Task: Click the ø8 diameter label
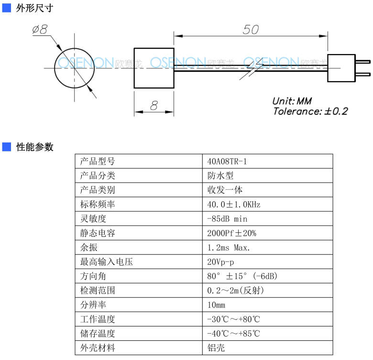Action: [x=40, y=30]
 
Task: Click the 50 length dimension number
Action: [x=251, y=30]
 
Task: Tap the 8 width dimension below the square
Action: [x=154, y=105]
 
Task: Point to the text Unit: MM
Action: [x=292, y=101]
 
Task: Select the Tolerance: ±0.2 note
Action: [x=310, y=111]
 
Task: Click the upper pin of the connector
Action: [x=363, y=62]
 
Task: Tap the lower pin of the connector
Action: [x=363, y=75]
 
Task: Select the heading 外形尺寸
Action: [x=35, y=8]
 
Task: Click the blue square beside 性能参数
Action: [x=7, y=147]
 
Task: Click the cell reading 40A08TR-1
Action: [x=268, y=162]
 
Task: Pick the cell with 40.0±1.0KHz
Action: [x=268, y=204]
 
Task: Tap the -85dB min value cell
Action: [x=268, y=219]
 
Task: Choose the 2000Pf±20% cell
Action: [x=268, y=233]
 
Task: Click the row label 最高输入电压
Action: [x=107, y=262]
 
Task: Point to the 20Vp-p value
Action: [x=221, y=262]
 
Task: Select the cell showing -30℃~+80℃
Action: [x=268, y=319]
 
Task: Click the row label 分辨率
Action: [x=93, y=305]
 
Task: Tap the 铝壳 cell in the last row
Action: [x=268, y=348]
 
